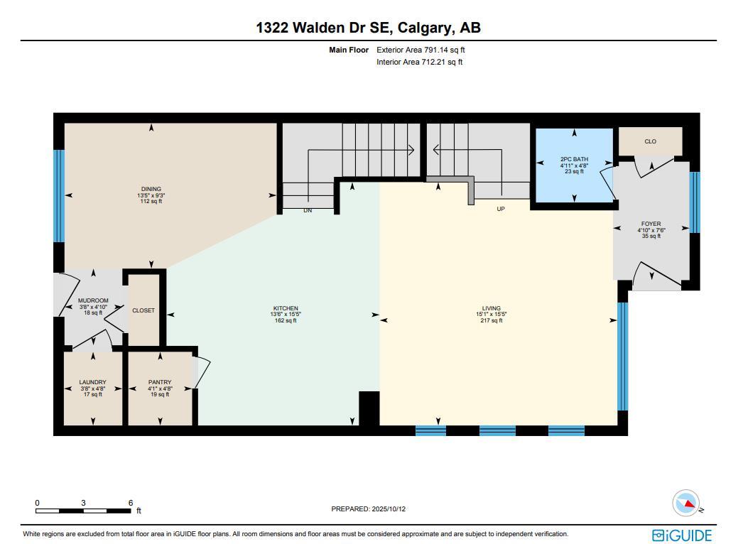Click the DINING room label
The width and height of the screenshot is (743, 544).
[151, 190]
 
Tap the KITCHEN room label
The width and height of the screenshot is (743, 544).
[283, 309]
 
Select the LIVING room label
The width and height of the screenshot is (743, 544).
[490, 309]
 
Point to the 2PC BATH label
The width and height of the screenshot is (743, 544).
[574, 159]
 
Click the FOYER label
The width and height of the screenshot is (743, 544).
[651, 224]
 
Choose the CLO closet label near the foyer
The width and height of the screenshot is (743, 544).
[650, 141]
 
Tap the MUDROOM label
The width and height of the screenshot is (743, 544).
[93, 301]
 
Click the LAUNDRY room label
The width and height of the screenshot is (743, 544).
[93, 383]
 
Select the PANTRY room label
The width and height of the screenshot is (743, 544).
[160, 383]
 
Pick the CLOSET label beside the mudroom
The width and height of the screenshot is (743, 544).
[143, 310]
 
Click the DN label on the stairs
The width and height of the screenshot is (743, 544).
[308, 210]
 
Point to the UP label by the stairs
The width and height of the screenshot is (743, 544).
[501, 209]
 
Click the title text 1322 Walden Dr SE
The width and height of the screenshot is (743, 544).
[324, 28]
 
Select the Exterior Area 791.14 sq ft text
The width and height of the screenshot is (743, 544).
[421, 50]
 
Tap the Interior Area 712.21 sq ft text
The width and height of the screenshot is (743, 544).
[419, 62]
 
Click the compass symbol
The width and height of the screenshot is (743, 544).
[686, 503]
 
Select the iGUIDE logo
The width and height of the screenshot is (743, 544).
[681, 535]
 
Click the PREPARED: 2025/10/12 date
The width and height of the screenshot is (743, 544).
[368, 509]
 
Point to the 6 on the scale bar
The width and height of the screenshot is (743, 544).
[131, 503]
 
